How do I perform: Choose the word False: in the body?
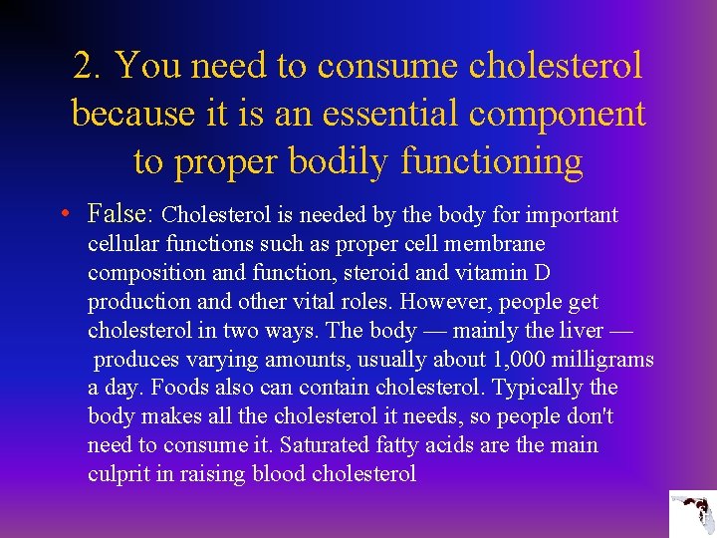pos(120,214)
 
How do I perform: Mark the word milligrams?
pos(598,360)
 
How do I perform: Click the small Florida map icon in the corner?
pos(691,514)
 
